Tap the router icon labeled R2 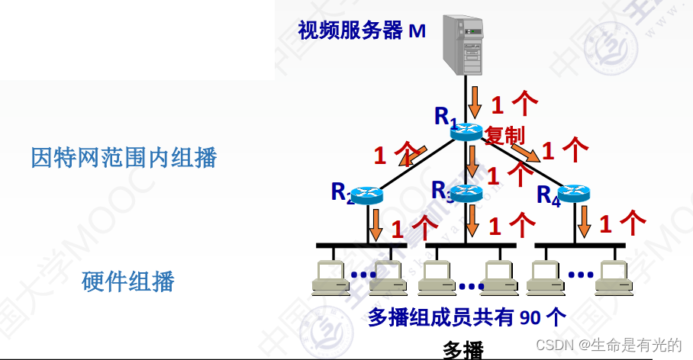(x=367, y=195)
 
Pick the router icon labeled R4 (x=573, y=194)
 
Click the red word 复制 (x=504, y=135)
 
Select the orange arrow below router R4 (x=585, y=221)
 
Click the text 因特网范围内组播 (x=124, y=158)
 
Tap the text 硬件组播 (x=128, y=281)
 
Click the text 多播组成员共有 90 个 (x=467, y=317)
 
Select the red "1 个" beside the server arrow (x=514, y=102)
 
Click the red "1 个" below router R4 (x=623, y=223)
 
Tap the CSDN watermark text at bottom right (x=608, y=345)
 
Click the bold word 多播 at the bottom (x=463, y=350)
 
